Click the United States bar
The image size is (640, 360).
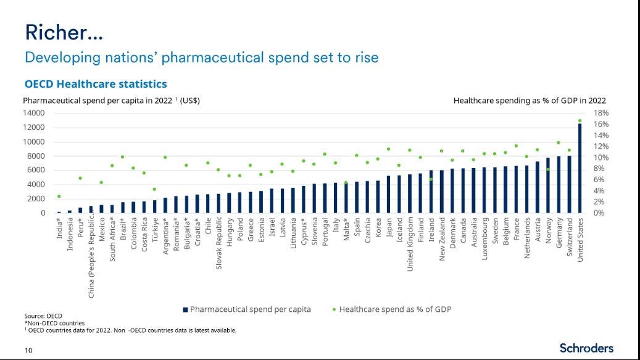click(x=580, y=169)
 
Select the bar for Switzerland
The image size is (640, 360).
click(x=569, y=185)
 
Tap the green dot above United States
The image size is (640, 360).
click(x=580, y=121)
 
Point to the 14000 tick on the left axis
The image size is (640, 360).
click(x=35, y=113)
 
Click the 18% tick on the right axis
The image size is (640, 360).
click(x=601, y=113)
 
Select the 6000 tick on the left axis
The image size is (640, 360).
click(x=35, y=170)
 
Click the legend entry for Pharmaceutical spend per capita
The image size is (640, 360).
click(x=246, y=309)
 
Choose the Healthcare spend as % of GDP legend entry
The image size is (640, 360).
click(x=391, y=309)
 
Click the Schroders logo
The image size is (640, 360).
click(x=586, y=348)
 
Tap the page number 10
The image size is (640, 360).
click(x=28, y=351)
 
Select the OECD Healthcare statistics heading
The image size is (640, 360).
click(x=96, y=83)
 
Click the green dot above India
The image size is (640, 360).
click(x=59, y=196)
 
